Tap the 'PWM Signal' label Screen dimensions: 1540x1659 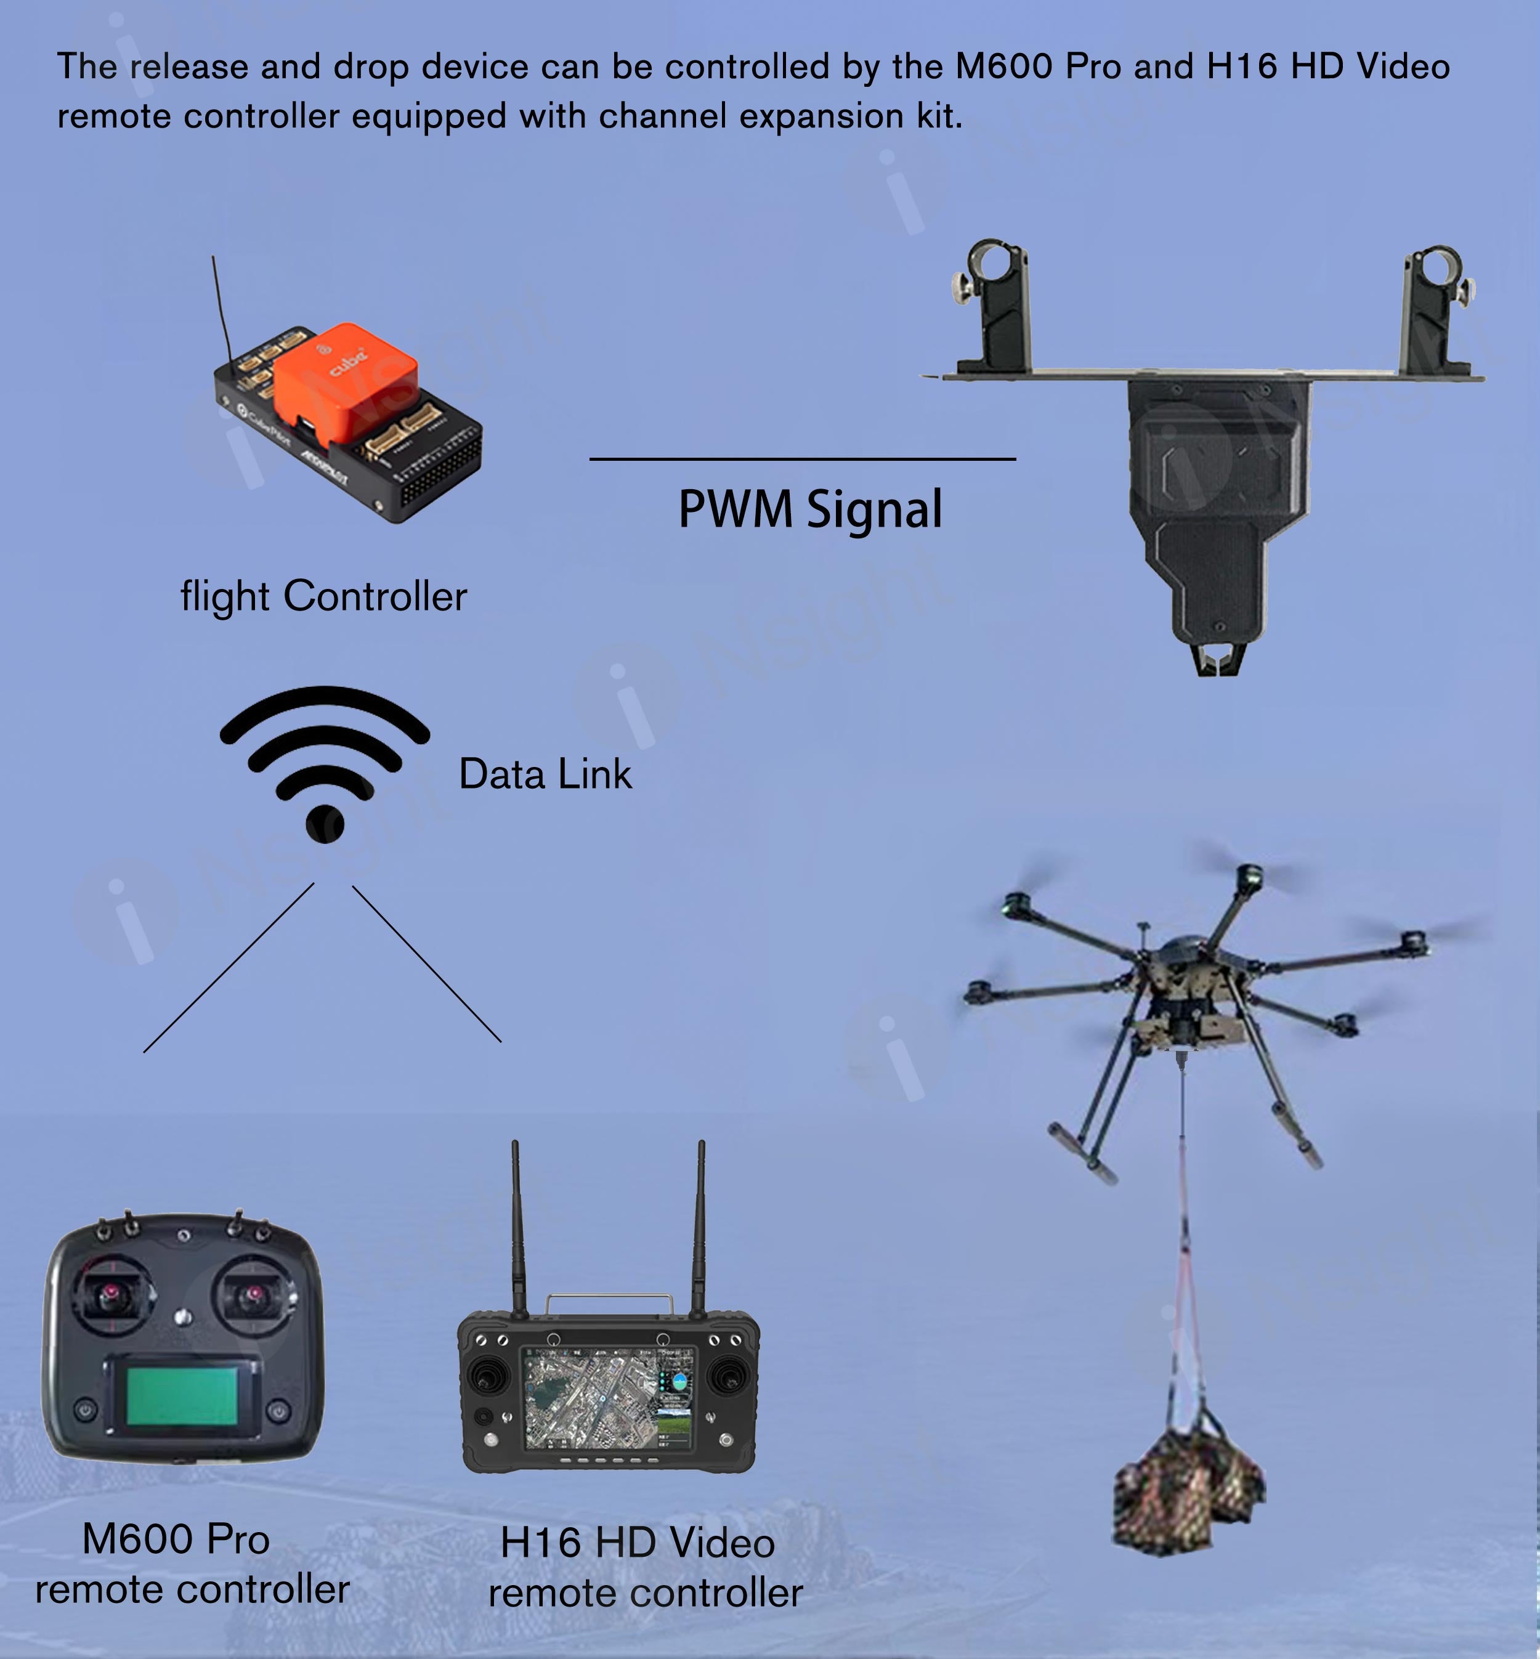pyautogui.click(x=810, y=509)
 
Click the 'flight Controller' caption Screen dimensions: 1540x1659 pyautogui.click(x=323, y=596)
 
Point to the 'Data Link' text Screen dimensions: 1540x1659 pyautogui.click(x=545, y=774)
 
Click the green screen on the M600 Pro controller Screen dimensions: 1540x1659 pyautogui.click(x=182, y=1397)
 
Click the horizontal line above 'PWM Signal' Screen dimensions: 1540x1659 pyautogui.click(x=803, y=458)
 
